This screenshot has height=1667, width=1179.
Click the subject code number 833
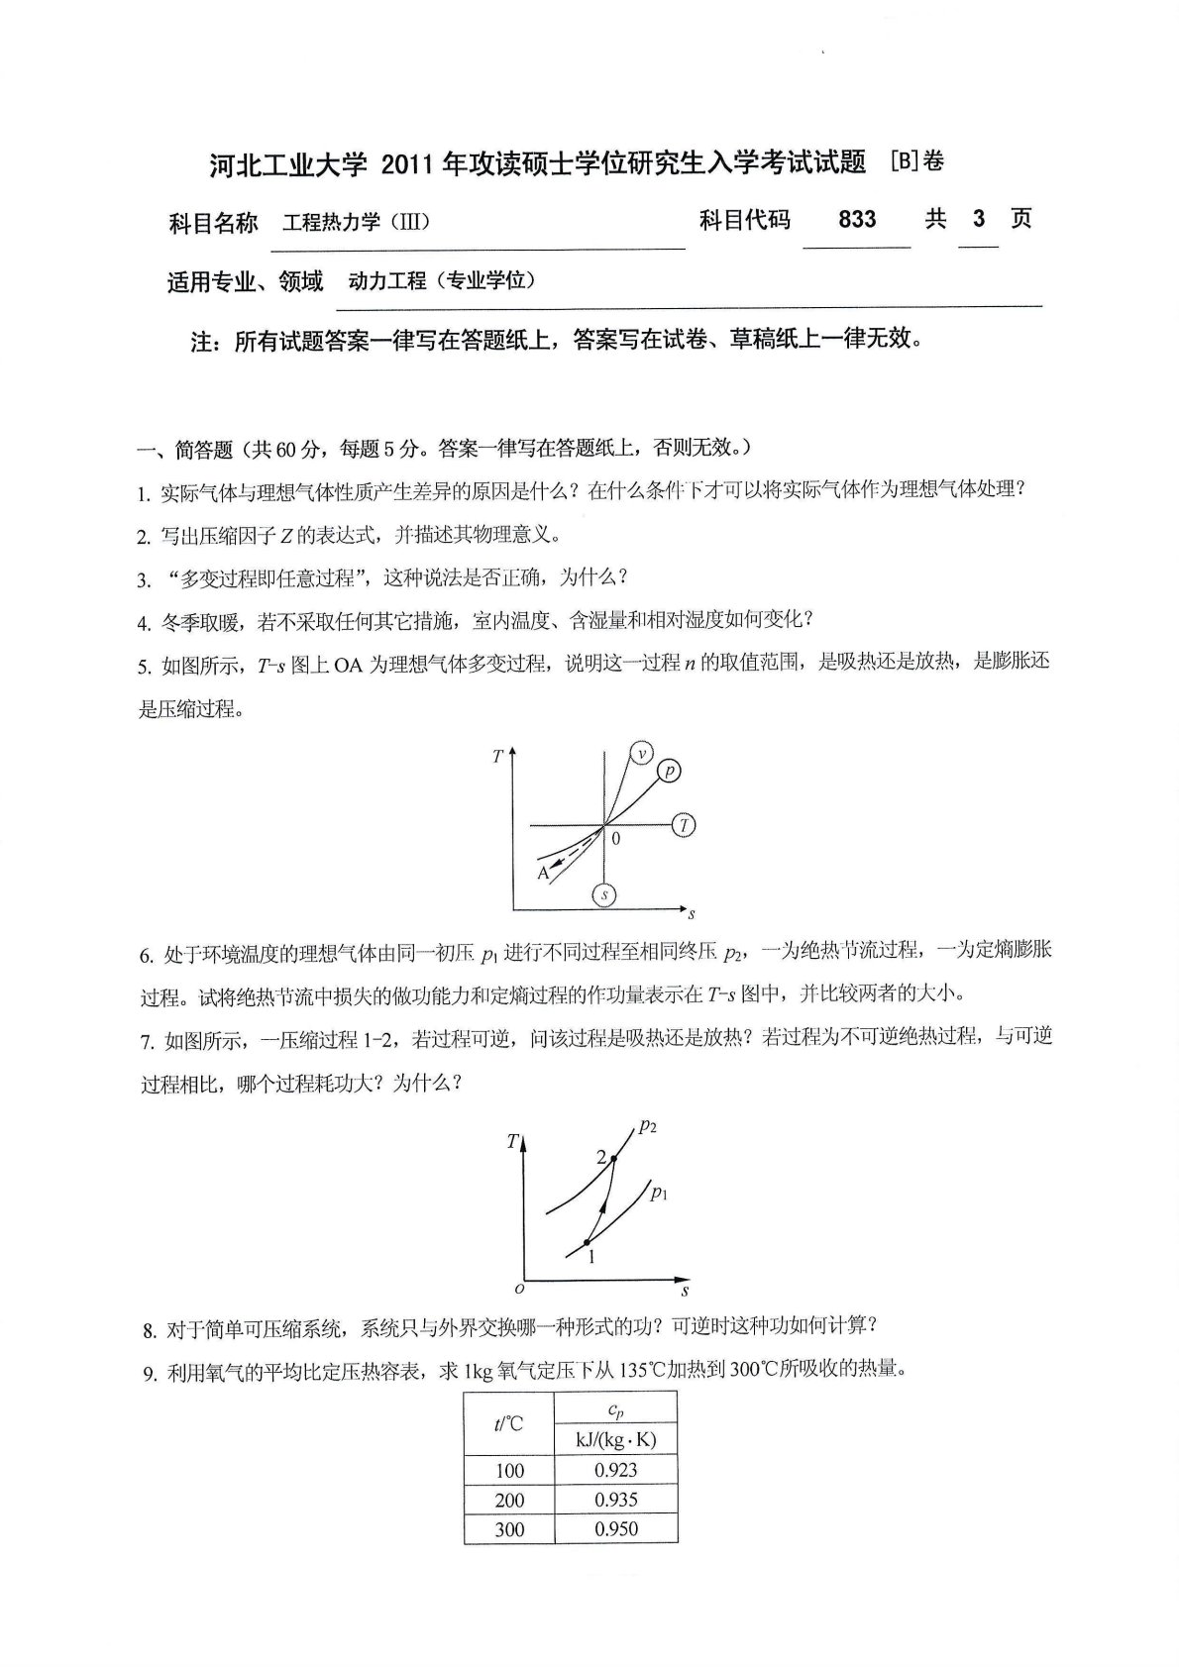[856, 219]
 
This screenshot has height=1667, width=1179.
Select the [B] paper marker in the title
[903, 159]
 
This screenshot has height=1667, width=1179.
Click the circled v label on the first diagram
[642, 754]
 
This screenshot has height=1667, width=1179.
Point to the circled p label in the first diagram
[669, 770]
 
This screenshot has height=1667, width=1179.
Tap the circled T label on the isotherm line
[684, 824]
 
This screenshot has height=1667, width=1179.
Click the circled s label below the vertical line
[603, 895]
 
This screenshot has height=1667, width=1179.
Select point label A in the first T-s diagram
[543, 873]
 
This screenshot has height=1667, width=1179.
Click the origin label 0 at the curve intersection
[615, 839]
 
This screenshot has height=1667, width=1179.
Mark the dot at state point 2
[613, 1159]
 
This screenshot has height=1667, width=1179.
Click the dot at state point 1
[587, 1241]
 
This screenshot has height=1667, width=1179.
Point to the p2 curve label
[649, 1125]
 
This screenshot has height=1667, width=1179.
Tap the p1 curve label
[659, 1194]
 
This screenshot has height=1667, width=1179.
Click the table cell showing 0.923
[615, 1470]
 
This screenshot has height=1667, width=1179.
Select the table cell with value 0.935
[615, 1500]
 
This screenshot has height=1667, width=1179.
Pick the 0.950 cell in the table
[615, 1529]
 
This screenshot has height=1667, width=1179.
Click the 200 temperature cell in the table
[509, 1500]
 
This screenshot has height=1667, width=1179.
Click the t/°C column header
[509, 1424]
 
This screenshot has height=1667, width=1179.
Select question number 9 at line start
[150, 1373]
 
